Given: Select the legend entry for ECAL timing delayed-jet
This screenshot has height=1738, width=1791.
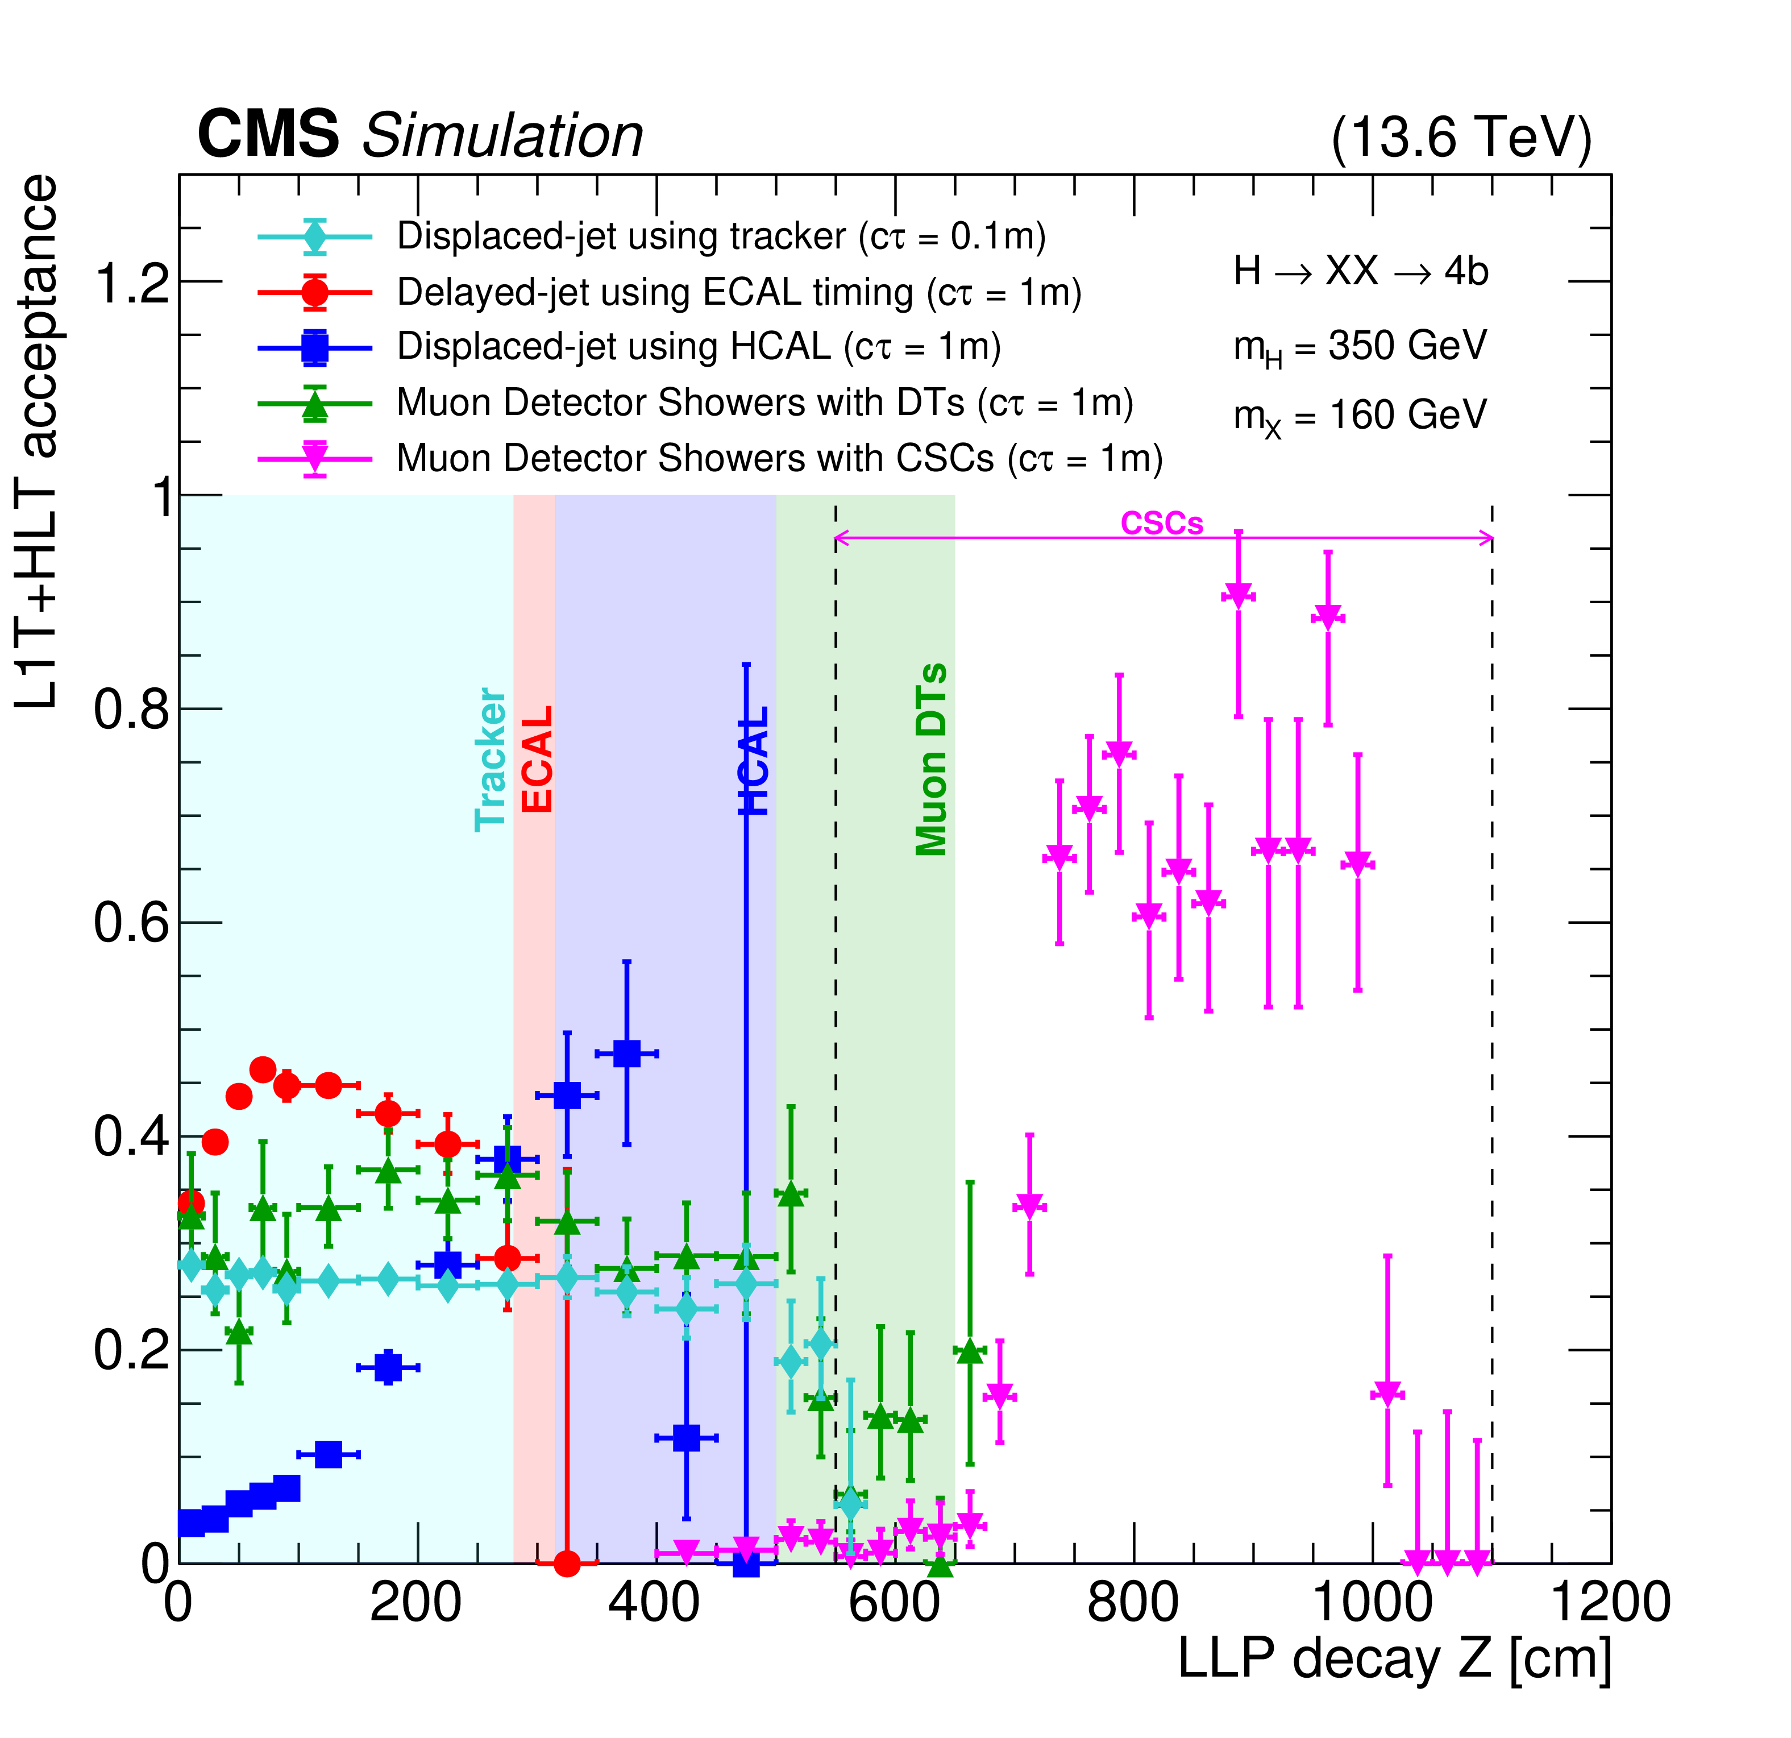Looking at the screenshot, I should pos(738,292).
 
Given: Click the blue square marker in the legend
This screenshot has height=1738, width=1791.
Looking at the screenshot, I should pos(315,347).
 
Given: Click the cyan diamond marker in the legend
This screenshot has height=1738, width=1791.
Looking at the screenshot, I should pos(315,237).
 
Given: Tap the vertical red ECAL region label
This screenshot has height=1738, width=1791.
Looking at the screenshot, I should pos(537,758).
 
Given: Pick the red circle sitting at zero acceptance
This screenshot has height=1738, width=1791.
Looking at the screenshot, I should pos(567,1563).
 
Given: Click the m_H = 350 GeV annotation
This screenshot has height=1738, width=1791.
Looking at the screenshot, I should pos(1360,347).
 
